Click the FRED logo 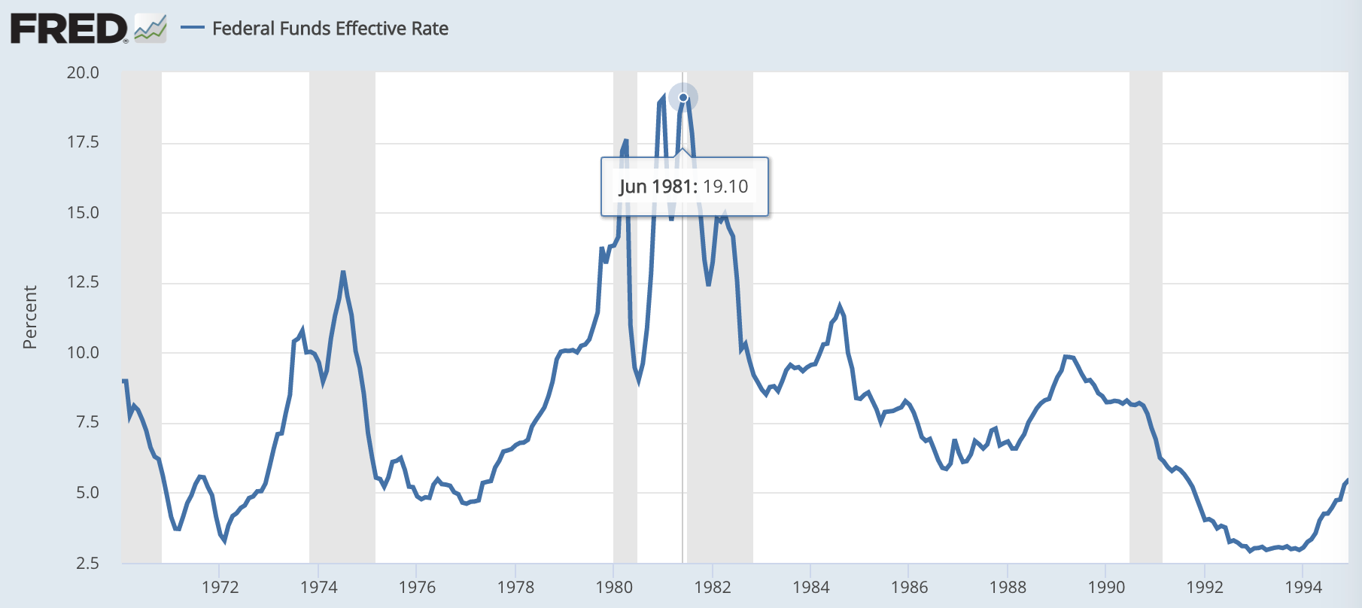click(69, 29)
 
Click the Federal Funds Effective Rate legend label click(330, 29)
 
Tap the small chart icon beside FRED click(150, 29)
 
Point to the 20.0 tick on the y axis click(83, 72)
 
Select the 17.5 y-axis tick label click(83, 142)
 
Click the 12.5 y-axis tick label click(83, 282)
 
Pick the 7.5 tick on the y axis click(87, 422)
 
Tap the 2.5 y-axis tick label click(87, 563)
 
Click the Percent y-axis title click(30, 317)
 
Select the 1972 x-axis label click(220, 588)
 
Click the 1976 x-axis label click(417, 588)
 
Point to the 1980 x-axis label click(614, 588)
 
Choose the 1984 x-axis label click(810, 588)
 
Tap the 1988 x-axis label click(1008, 588)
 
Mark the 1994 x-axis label click(1303, 588)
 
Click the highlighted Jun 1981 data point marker click(683, 97)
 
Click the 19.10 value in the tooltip click(725, 187)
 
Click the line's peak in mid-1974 click(343, 272)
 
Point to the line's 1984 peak click(840, 306)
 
